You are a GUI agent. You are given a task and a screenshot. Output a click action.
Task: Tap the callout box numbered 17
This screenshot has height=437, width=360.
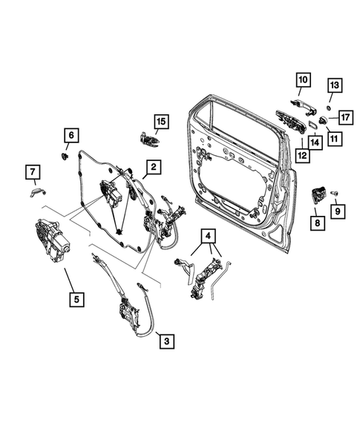click(346, 116)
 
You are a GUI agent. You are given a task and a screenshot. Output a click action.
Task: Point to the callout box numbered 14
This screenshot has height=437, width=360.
click(315, 141)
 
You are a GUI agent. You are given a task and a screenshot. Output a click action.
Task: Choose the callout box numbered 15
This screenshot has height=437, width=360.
click(161, 120)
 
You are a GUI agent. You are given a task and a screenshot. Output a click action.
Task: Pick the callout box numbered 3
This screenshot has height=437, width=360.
click(167, 341)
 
